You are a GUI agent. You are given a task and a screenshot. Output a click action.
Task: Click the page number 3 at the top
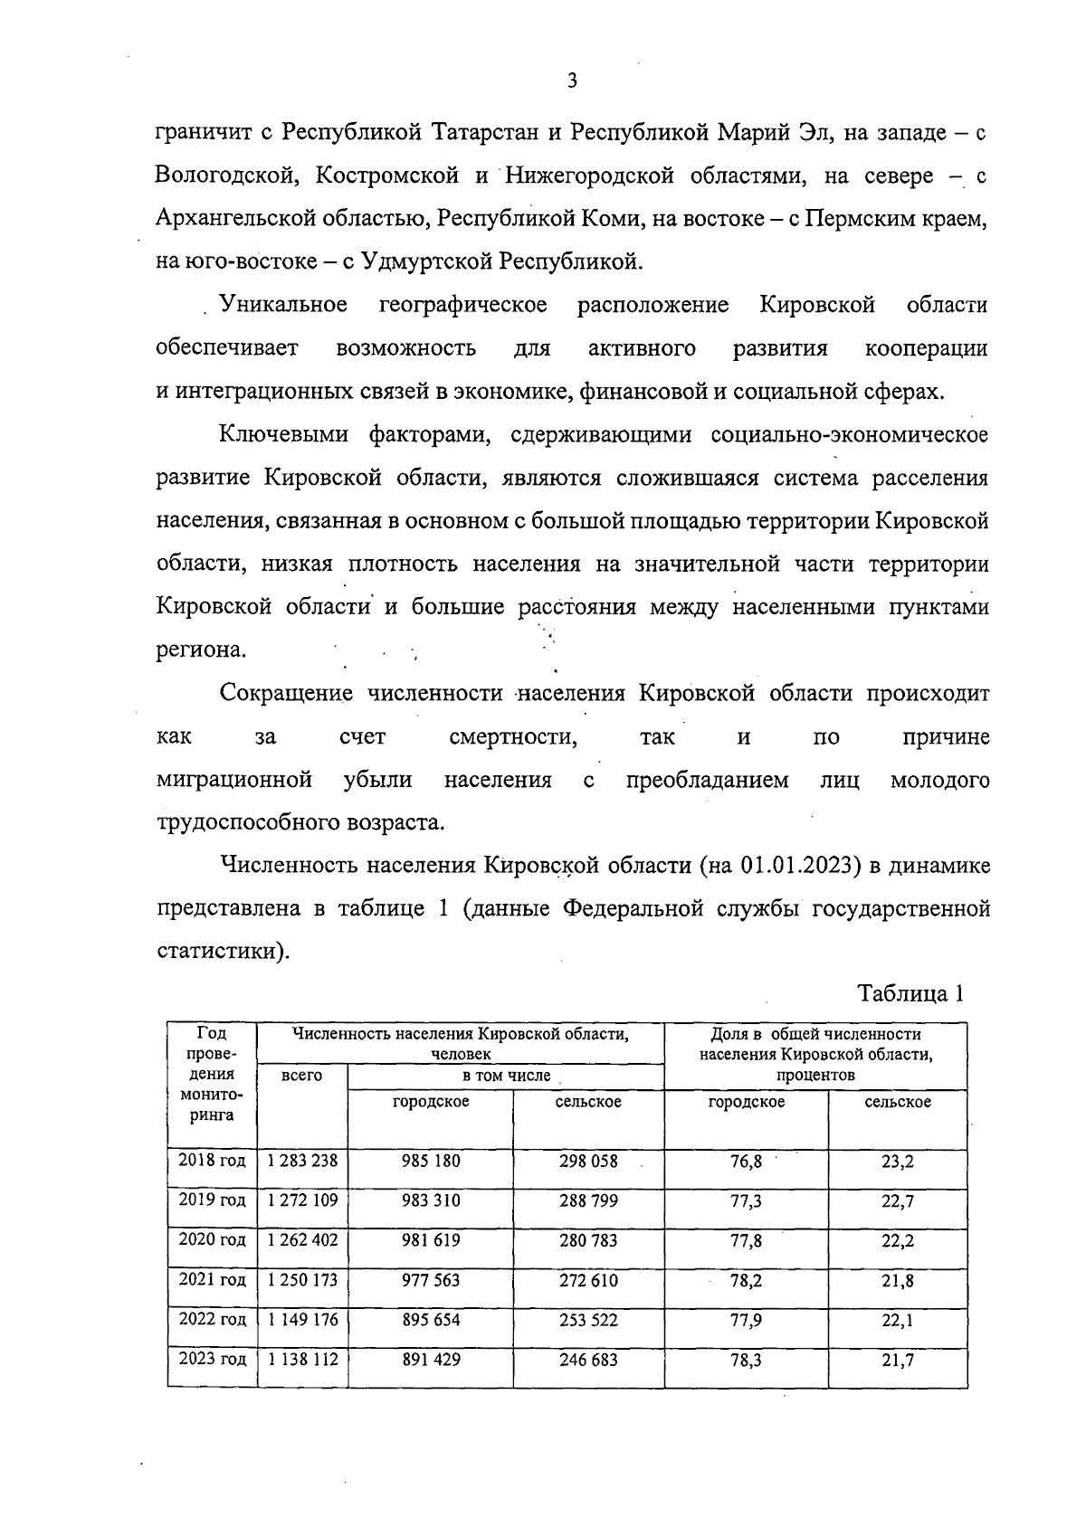(x=571, y=81)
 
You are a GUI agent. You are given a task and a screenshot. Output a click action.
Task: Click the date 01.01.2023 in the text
(x=799, y=866)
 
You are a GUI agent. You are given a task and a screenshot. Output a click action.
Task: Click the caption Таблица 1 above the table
(x=910, y=993)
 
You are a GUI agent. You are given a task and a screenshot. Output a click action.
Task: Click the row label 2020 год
(x=212, y=1240)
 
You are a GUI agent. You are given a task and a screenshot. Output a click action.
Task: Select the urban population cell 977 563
(x=431, y=1280)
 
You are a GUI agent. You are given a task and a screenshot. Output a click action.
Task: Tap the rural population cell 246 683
(x=588, y=1360)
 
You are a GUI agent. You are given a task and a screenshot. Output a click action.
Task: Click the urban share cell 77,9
(x=746, y=1320)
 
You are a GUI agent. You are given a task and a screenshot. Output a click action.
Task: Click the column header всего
(x=302, y=1076)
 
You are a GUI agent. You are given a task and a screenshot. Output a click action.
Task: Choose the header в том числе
(x=506, y=1076)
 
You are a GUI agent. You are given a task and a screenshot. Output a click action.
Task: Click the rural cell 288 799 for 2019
(x=588, y=1201)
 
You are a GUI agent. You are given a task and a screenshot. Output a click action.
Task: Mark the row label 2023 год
(x=212, y=1360)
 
